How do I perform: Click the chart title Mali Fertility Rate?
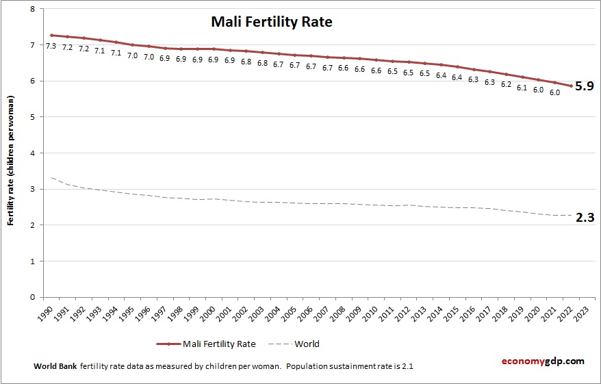click(271, 22)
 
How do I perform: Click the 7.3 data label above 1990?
click(51, 46)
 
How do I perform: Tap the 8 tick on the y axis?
click(33, 9)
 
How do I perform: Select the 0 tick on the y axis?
click(33, 297)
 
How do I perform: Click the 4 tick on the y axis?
click(33, 153)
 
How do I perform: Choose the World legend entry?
click(307, 344)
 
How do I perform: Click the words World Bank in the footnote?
click(55, 367)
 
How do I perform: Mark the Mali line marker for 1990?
click(51, 35)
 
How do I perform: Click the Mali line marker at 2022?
click(571, 86)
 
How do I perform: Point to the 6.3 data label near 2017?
click(489, 81)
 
